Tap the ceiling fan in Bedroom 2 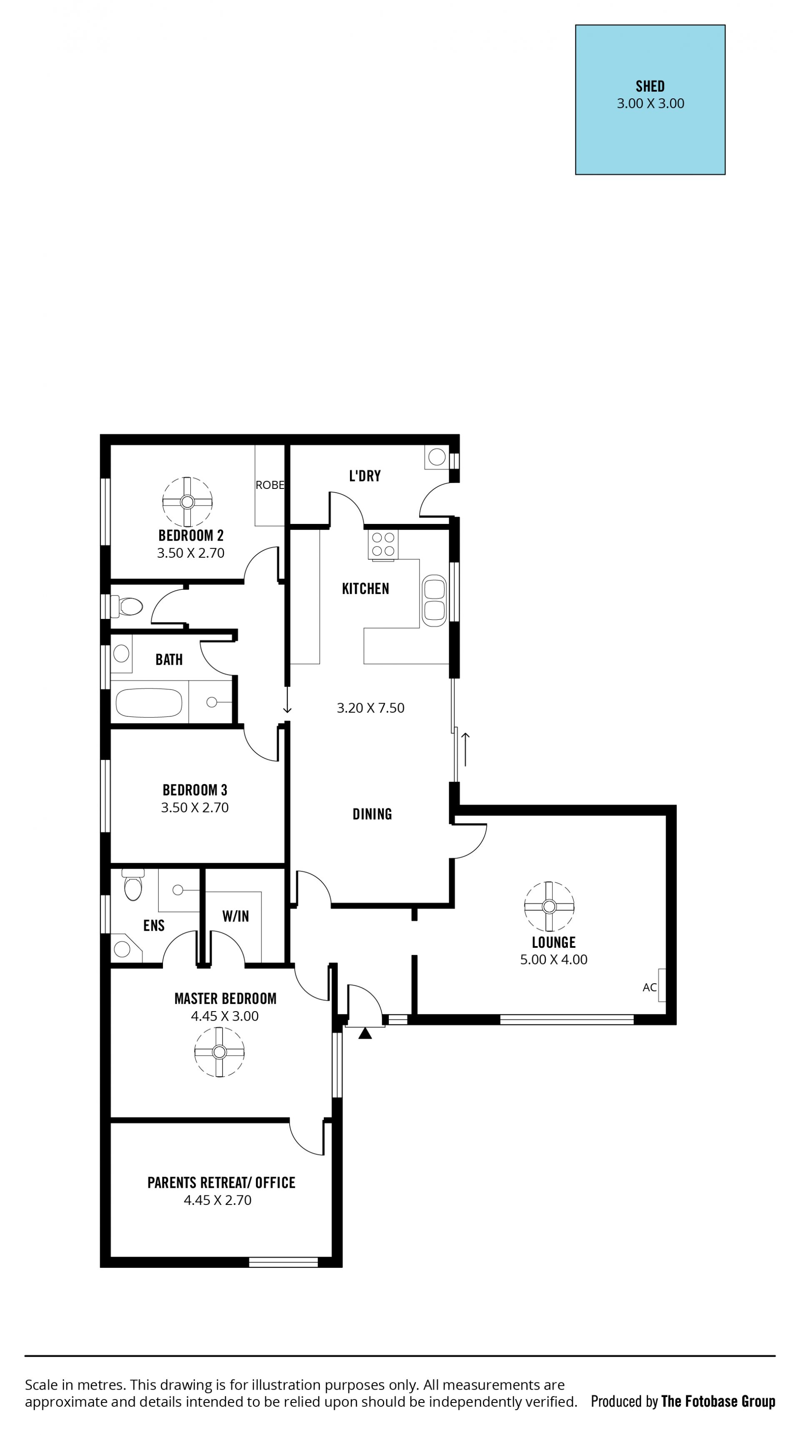click(x=187, y=502)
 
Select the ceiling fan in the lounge click(x=549, y=907)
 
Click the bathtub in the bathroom click(x=149, y=703)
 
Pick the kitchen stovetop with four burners click(x=383, y=544)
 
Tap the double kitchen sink click(x=434, y=601)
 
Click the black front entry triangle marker click(x=365, y=1033)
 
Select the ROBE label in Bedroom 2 click(x=270, y=485)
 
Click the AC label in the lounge click(x=650, y=988)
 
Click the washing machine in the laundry click(x=437, y=457)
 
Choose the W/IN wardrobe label click(x=235, y=917)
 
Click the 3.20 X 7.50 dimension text click(x=371, y=708)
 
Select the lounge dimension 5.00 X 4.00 click(x=554, y=960)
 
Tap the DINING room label click(x=372, y=814)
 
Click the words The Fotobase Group click(x=718, y=1402)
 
